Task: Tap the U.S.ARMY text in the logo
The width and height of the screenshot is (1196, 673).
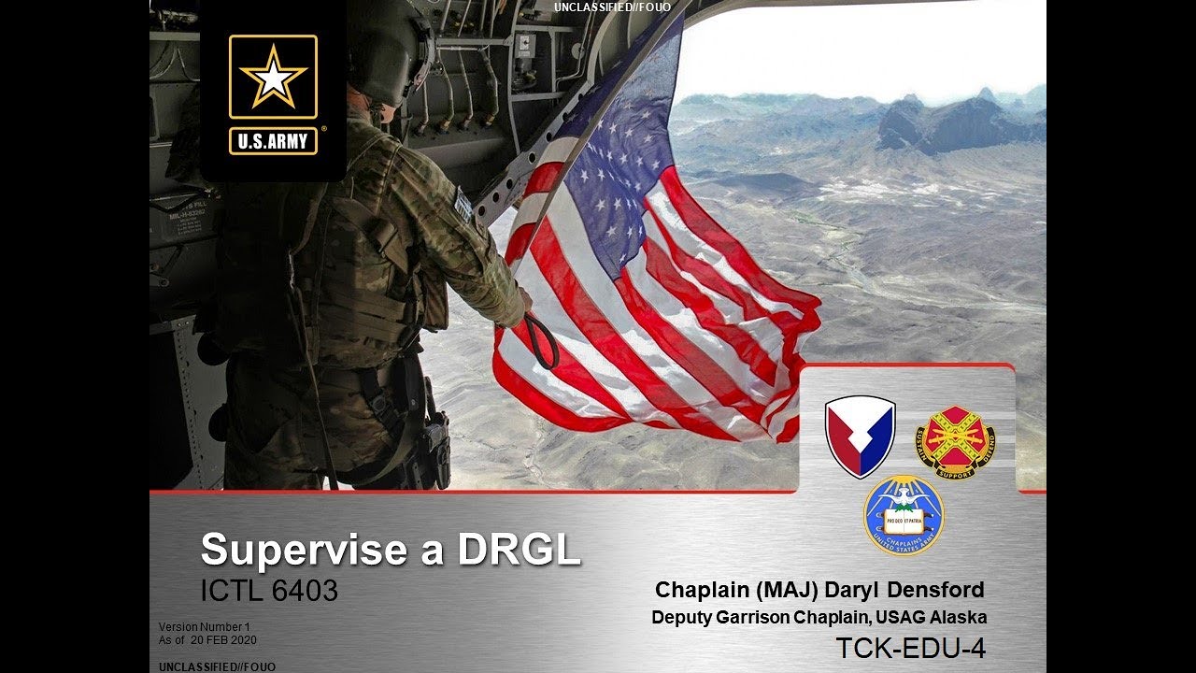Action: tap(273, 142)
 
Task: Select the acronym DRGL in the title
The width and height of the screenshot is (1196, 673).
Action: tap(518, 549)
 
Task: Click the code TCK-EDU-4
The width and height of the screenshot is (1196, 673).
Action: tap(910, 648)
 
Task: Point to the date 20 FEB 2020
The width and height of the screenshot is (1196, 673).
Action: tap(223, 640)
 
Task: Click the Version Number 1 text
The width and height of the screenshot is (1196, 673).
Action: tap(205, 626)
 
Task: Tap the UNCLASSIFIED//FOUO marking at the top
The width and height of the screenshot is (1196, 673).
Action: tap(612, 7)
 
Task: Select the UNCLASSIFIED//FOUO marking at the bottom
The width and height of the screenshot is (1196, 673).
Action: tap(217, 666)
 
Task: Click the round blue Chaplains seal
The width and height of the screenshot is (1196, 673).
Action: tap(904, 515)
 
